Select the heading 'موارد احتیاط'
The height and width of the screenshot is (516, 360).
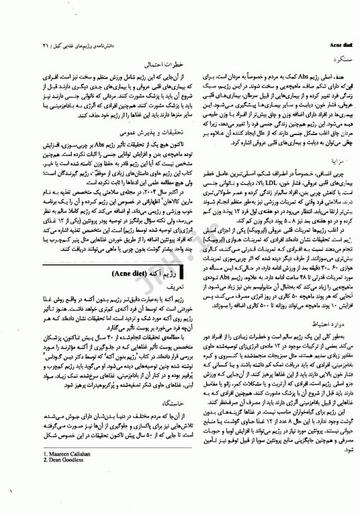[x=326, y=323]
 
